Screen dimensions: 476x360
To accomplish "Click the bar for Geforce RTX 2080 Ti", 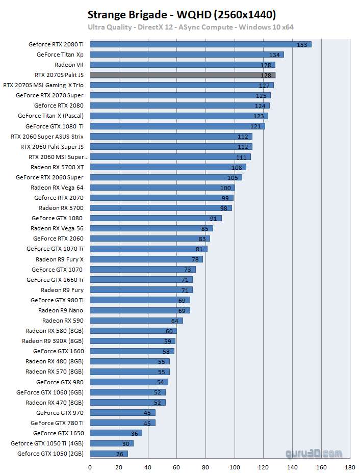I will [200, 44].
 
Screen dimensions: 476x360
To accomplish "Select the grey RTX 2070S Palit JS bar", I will [183, 75].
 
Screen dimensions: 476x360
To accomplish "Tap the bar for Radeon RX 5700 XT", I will [168, 167].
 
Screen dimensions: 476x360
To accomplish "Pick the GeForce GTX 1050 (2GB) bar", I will [109, 454].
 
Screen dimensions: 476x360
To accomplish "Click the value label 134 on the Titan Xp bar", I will [274, 55].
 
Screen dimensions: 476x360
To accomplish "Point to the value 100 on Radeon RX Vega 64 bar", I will [225, 188].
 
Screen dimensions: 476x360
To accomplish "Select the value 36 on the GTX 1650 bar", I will [134, 433].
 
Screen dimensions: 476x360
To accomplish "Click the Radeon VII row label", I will [69, 65].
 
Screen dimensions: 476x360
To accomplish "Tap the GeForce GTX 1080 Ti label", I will [55, 126].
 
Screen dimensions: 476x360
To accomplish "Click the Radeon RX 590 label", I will [63, 321].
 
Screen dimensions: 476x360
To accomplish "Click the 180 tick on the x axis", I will [350, 466].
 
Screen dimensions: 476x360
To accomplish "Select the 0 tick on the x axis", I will [90, 466].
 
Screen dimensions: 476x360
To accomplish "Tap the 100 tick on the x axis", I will [235, 466].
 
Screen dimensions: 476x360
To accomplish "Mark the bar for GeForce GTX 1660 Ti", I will [141, 280].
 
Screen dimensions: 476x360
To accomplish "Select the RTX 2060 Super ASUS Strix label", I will [47, 137].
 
